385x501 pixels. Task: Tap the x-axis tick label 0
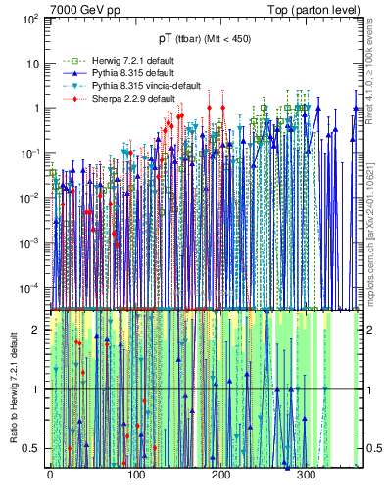50,476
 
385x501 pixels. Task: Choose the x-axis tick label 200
220,476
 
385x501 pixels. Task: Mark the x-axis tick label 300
306,476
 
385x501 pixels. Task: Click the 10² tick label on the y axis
28,19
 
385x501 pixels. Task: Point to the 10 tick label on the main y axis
31,64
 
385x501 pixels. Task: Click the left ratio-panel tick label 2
38,330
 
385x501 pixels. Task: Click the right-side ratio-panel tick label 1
368,389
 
